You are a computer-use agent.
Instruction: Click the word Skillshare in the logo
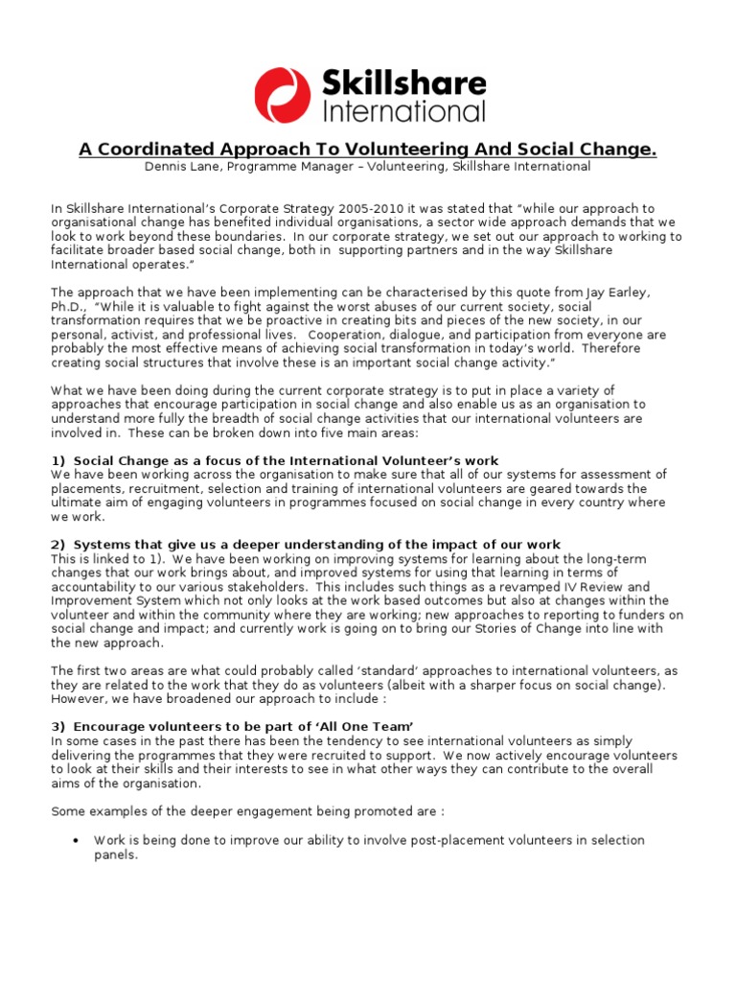coord(404,81)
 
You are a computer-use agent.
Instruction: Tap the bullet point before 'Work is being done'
coord(76,841)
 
